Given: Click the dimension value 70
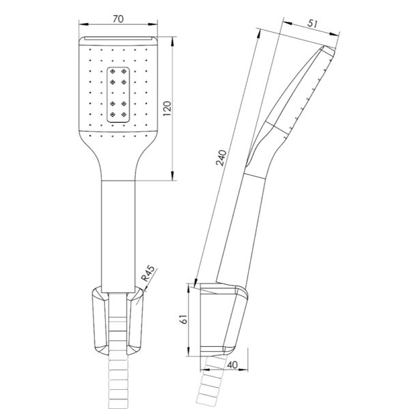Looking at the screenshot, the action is (x=118, y=19).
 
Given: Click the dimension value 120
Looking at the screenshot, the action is (x=167, y=108).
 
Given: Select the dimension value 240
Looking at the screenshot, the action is (x=221, y=158).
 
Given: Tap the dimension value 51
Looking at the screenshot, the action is (x=312, y=23).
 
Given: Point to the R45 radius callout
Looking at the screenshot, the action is (x=148, y=273).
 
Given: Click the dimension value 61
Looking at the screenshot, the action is (x=184, y=319).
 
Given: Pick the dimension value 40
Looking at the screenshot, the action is (x=232, y=365).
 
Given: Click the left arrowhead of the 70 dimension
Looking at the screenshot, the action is (x=83, y=25).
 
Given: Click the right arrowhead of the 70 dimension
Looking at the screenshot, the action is (x=153, y=25).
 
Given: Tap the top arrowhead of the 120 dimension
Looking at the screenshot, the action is (x=172, y=41).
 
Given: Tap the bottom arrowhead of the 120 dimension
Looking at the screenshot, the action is (x=172, y=176).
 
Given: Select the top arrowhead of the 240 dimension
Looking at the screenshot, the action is (x=258, y=33).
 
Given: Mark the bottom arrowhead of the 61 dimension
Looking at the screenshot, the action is (x=189, y=351).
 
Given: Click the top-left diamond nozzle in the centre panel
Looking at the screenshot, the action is (x=112, y=71).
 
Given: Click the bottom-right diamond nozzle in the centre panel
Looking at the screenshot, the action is (x=123, y=115).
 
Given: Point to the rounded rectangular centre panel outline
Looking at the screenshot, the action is (x=107, y=95).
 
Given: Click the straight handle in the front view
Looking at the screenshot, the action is (x=118, y=237).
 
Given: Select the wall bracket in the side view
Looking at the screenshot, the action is (x=224, y=320).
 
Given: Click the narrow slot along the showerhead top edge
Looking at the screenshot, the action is (x=118, y=39).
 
